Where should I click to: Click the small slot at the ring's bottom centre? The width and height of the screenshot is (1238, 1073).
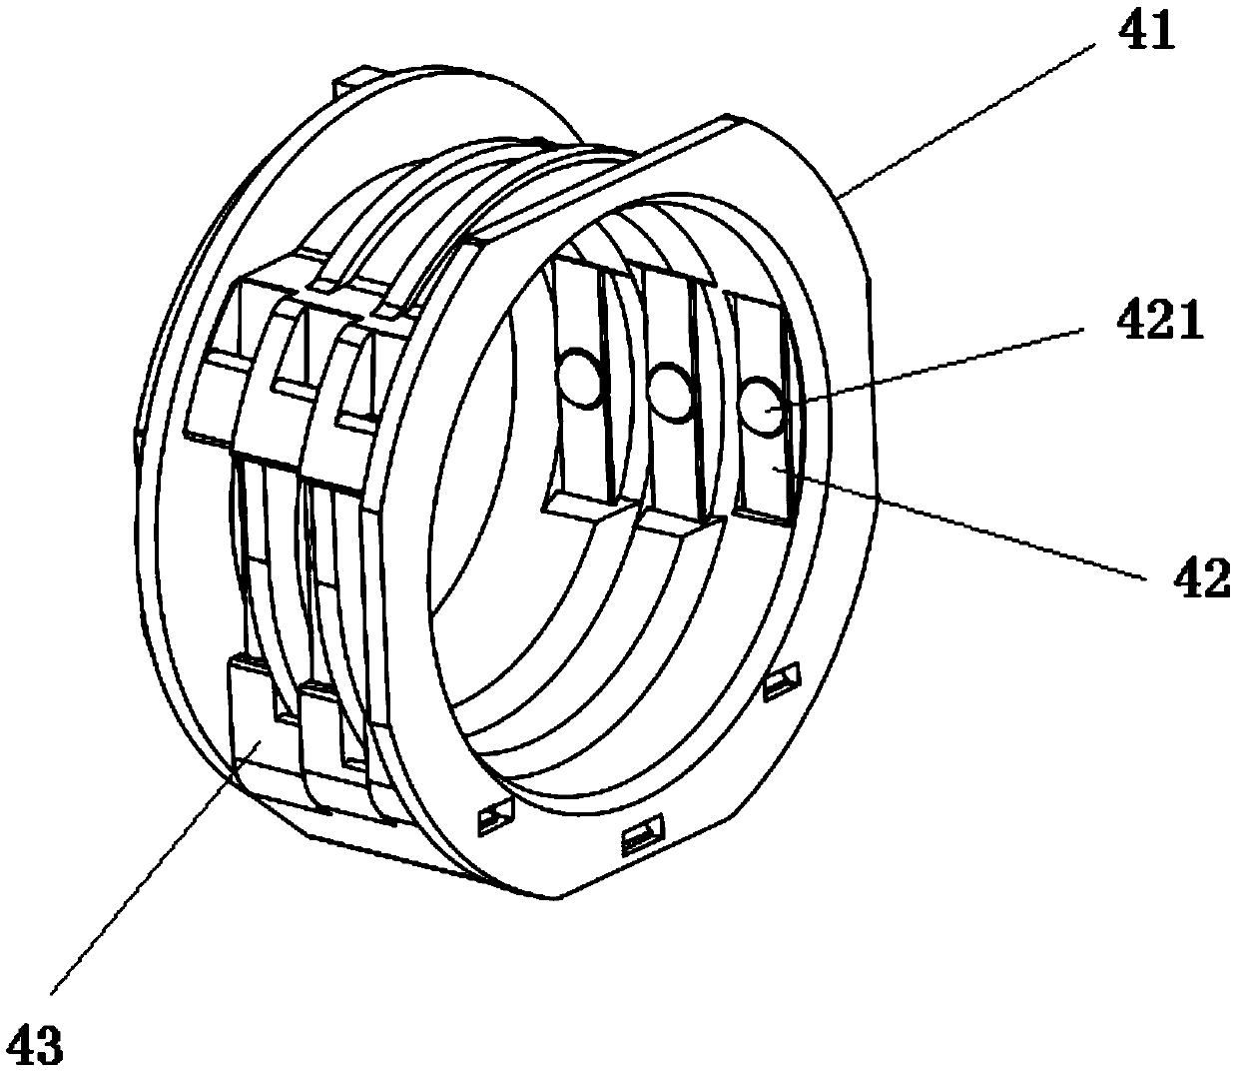click(x=644, y=833)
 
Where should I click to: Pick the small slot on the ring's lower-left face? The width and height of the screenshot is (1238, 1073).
click(x=495, y=818)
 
